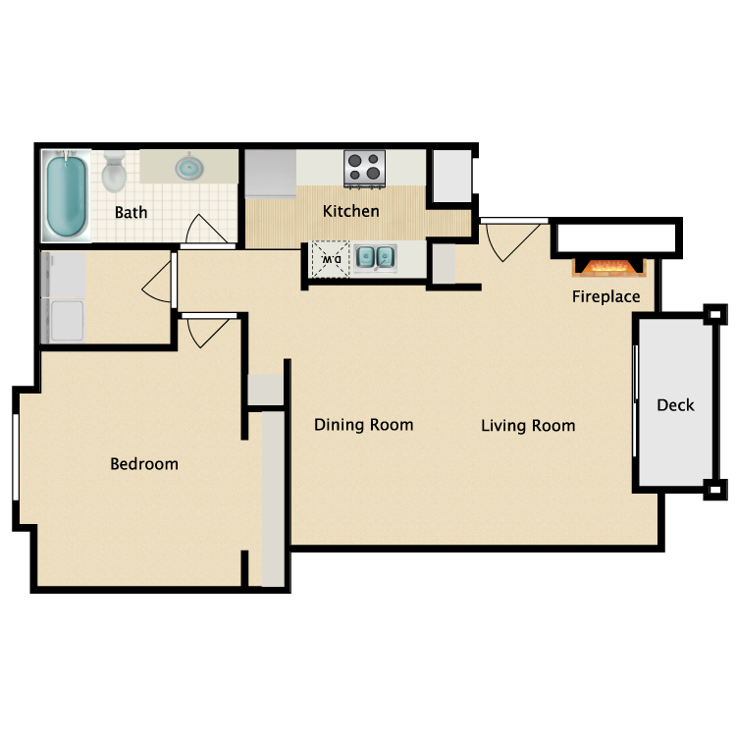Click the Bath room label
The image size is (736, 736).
tap(131, 212)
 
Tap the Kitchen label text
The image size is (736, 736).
tap(351, 211)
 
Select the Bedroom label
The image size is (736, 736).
tap(144, 463)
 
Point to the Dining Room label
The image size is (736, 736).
tap(363, 425)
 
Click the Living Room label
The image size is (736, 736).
tap(528, 426)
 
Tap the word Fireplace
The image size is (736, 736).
tap(606, 296)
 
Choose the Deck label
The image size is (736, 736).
tap(675, 404)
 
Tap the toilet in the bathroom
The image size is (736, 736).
tap(115, 172)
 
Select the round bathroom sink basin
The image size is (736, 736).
tap(188, 168)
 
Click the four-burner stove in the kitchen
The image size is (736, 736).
tap(364, 168)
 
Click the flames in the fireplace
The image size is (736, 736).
tap(608, 267)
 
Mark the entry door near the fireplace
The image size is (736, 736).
tap(511, 238)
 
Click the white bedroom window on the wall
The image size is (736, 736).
tap(16, 457)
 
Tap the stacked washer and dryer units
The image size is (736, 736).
tap(62, 297)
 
